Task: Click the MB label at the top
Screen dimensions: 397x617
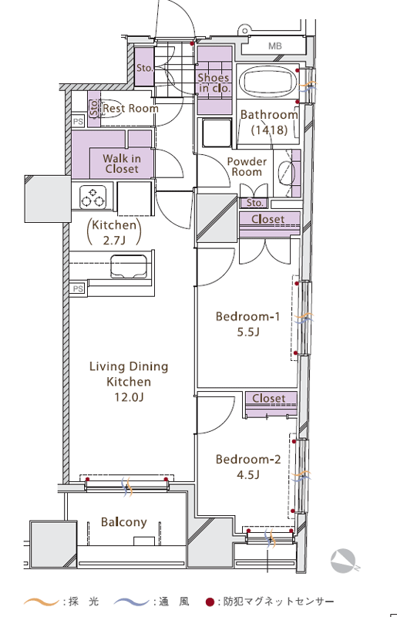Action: [275, 46]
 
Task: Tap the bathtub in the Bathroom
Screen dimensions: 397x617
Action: [268, 82]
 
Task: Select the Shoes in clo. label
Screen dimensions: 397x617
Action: [214, 83]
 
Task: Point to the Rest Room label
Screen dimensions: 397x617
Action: [130, 108]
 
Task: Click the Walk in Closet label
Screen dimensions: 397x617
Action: [122, 164]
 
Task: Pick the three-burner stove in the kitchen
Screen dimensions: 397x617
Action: [93, 197]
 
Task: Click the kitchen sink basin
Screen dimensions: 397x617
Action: [128, 265]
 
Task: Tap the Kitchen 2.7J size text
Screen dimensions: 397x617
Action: [114, 232]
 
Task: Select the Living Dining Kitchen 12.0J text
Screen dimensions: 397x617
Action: [129, 382]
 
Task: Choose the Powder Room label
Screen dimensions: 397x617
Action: [247, 167]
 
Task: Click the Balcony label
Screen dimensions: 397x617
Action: [124, 522]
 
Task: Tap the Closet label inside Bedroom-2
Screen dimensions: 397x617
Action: [269, 398]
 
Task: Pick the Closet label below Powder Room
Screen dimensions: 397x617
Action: [268, 219]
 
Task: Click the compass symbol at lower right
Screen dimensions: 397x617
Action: [343, 561]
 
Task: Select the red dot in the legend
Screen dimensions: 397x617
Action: [210, 602]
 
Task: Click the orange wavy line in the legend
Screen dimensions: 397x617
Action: [42, 602]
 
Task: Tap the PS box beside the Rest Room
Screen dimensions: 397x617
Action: [78, 122]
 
